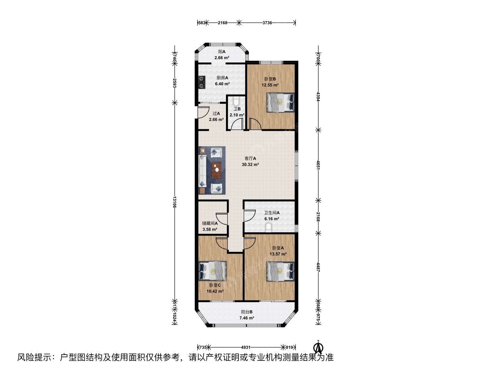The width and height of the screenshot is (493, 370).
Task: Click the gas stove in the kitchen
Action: pos(45,82)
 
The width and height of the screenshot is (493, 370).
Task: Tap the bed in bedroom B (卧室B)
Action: pos(280,102)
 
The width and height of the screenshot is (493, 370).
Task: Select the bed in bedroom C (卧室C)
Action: pos(213,271)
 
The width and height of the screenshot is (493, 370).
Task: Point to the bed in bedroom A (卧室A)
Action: pos(280,271)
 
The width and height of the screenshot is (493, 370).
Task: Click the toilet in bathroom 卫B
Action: pos(236,101)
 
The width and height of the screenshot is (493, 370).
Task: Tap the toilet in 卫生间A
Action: pos(269,227)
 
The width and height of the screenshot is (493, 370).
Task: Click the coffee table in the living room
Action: pos(217,170)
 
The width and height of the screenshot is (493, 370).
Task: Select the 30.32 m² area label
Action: pos(250,164)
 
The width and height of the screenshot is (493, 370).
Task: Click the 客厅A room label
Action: pos(250,158)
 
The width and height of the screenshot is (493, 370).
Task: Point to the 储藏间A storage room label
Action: pos(210,223)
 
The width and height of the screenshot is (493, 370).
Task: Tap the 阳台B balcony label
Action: pos(247,312)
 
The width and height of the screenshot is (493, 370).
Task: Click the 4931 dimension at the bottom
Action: pos(246,347)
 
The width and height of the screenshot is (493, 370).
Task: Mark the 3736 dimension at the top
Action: pos(267,23)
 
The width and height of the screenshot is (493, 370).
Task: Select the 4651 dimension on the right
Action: pos(318,165)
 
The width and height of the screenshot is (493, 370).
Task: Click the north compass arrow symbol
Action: pos(318,347)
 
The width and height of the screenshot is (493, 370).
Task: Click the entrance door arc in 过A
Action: pos(46,112)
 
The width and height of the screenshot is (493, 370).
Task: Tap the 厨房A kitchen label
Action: pos(222,78)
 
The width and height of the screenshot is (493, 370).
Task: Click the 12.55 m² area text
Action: pos(270,85)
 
